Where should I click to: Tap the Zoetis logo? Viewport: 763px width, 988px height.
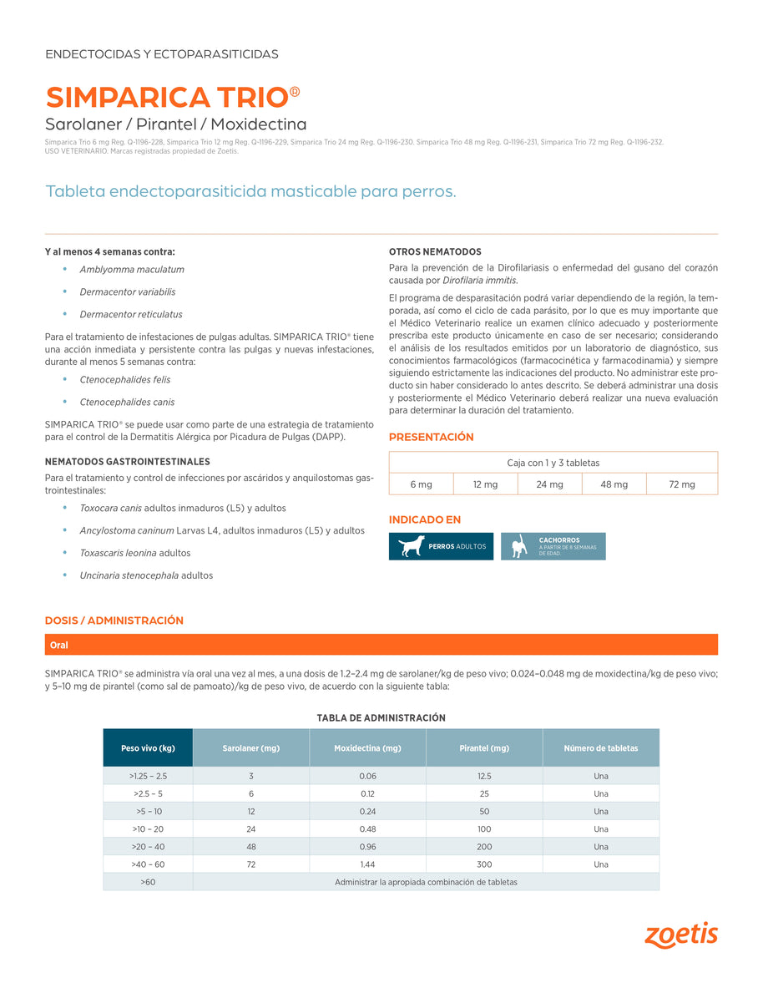[680, 935]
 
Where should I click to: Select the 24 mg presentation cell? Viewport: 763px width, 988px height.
[549, 484]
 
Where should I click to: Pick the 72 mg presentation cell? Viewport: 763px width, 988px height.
[682, 484]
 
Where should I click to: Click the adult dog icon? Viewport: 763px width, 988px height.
[411, 546]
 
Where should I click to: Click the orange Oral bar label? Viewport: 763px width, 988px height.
[59, 645]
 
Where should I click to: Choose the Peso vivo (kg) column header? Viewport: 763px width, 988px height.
[148, 748]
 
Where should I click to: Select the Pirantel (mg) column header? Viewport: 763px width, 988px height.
[484, 748]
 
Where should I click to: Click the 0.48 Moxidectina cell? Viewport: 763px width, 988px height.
[367, 829]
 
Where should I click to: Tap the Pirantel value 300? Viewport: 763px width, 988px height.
[484, 864]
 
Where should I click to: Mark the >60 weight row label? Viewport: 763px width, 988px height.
[148, 882]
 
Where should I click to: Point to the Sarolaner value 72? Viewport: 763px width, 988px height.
[251, 864]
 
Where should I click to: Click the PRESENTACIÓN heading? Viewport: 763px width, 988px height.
[431, 437]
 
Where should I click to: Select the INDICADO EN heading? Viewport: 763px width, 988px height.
[425, 519]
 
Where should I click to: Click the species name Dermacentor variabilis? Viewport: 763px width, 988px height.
[128, 292]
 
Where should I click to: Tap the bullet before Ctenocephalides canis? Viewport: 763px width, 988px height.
[65, 402]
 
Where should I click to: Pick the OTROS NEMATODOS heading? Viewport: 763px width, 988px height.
[435, 251]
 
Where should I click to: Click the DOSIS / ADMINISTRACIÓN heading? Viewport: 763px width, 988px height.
[114, 621]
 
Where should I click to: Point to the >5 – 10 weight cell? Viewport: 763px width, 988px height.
[148, 812]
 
